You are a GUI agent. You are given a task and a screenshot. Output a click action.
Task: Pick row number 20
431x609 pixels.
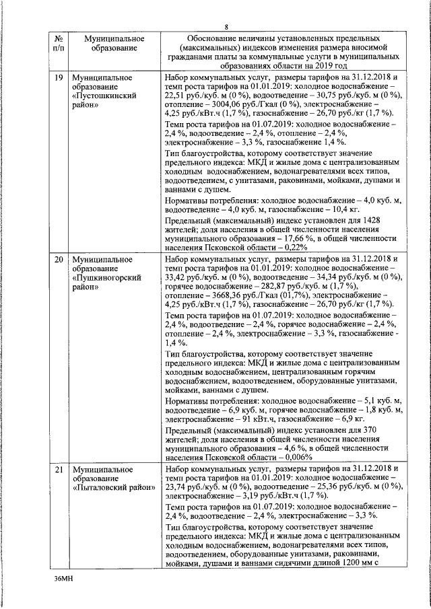point(59,259)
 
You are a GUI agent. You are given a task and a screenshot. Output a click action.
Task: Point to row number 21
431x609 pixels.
point(59,468)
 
